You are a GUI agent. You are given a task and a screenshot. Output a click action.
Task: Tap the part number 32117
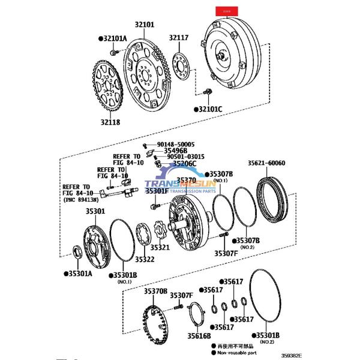tap(179, 38)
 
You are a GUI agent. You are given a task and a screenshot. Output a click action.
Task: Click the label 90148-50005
tap(176, 145)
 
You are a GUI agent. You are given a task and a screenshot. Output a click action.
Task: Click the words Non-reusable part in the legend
tap(241, 353)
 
